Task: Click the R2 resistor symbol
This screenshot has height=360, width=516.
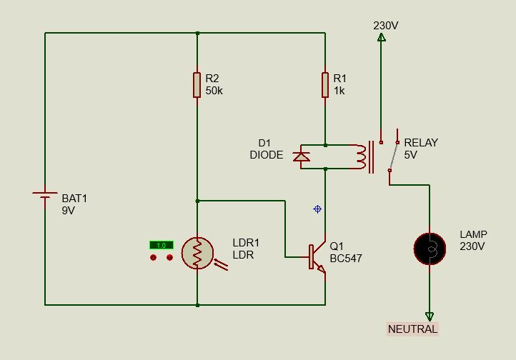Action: click(197, 84)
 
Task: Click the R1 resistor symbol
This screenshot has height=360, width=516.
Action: click(325, 84)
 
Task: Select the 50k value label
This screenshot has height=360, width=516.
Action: click(214, 91)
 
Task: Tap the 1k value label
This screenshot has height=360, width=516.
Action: click(339, 91)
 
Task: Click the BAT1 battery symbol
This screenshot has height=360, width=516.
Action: click(45, 196)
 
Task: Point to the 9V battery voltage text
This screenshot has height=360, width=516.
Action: click(69, 211)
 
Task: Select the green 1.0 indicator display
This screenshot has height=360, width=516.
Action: click(161, 245)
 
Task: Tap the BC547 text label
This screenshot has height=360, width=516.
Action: click(346, 259)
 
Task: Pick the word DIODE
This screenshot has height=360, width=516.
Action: click(266, 155)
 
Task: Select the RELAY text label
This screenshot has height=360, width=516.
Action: click(421, 142)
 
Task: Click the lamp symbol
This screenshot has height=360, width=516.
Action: click(430, 248)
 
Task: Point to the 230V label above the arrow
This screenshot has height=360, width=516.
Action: click(386, 26)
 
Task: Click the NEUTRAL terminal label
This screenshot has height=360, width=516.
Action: click(412, 329)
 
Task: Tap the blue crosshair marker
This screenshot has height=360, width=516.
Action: click(317, 209)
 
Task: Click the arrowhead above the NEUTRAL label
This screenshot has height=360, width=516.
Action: click(430, 316)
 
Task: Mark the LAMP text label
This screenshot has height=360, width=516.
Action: click(473, 234)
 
